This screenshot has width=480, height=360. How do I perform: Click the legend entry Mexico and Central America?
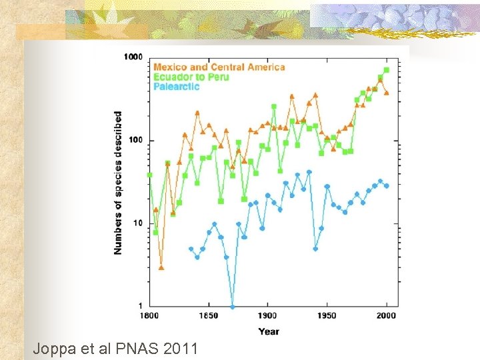219,67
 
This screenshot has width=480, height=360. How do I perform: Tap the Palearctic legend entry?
176,87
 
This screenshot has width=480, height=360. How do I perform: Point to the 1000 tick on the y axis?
133,57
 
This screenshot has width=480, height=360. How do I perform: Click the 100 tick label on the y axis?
136,141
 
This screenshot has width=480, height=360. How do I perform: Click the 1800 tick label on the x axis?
149,315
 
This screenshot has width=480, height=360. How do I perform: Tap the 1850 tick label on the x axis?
208,315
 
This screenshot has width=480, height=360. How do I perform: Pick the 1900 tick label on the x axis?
267,315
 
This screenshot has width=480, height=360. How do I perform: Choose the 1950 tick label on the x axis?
327,315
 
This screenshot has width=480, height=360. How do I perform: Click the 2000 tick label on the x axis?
386,315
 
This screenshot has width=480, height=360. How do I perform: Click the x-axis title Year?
269,331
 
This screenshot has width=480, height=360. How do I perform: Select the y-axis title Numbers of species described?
118,182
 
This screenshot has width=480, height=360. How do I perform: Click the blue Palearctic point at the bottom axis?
233,307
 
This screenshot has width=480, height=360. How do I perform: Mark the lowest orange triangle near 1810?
161,267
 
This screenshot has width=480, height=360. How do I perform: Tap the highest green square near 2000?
387,70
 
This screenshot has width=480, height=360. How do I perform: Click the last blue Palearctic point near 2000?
387,186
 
